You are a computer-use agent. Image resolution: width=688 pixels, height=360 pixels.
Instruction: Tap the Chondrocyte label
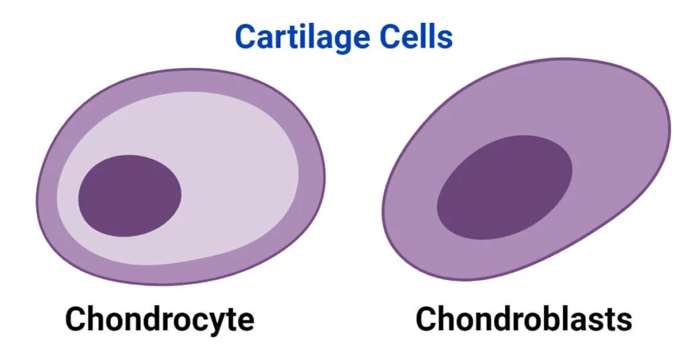tap(159, 319)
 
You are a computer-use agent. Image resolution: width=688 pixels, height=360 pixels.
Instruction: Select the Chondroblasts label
tap(523, 319)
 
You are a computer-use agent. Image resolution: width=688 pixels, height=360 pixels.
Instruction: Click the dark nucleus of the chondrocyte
tap(130, 195)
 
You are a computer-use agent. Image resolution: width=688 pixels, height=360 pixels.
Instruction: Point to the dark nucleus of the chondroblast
tap(505, 187)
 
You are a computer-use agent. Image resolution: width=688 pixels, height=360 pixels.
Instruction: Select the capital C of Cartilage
tap(246, 38)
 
